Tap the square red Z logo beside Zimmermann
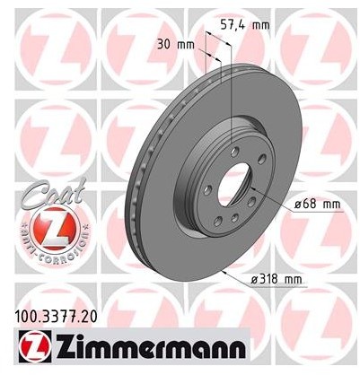point(31,344)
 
